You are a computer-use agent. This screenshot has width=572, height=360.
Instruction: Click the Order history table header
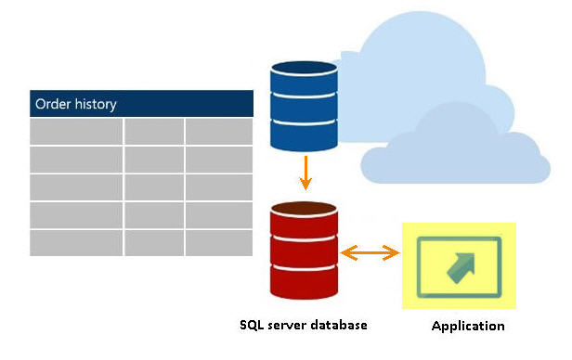pyautogui.click(x=141, y=103)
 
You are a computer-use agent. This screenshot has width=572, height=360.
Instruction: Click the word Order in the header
pyautogui.click(x=52, y=104)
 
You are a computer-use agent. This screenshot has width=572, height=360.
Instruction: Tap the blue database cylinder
pyautogui.click(x=302, y=106)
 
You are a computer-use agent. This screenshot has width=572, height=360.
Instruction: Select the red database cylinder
pyautogui.click(x=302, y=247)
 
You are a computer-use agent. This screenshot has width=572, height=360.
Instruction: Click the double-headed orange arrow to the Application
pyautogui.click(x=369, y=252)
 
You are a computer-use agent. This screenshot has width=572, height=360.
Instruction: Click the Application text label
pyautogui.click(x=468, y=326)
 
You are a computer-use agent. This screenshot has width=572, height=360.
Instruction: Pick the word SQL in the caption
pyautogui.click(x=253, y=325)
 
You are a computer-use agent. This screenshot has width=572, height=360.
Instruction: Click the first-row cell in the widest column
pyautogui.click(x=76, y=132)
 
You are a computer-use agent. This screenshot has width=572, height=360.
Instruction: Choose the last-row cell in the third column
pyautogui.click(x=218, y=243)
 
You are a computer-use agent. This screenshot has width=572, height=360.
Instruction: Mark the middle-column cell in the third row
pyautogui.click(x=154, y=187)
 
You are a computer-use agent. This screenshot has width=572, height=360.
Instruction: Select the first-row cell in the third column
pyautogui.click(x=218, y=132)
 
